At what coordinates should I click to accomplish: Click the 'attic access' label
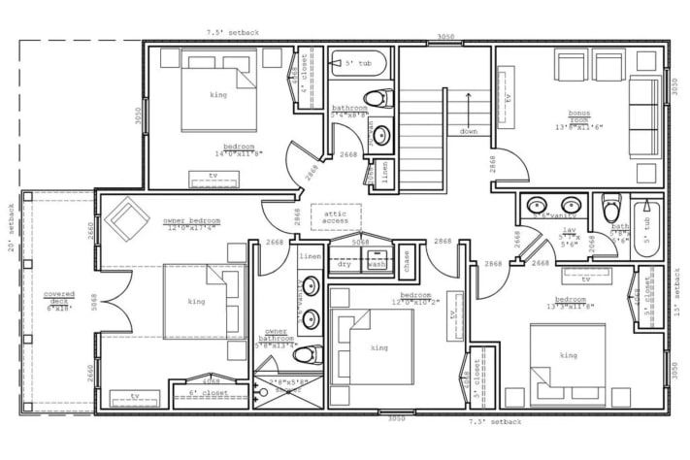click(335, 216)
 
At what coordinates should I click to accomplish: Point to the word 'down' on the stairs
click(468, 131)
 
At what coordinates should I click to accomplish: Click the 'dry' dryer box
click(345, 263)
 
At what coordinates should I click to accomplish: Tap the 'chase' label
click(406, 258)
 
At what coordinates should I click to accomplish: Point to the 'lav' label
click(571, 230)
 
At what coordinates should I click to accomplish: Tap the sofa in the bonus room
click(641, 116)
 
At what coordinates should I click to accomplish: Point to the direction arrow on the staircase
click(468, 107)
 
